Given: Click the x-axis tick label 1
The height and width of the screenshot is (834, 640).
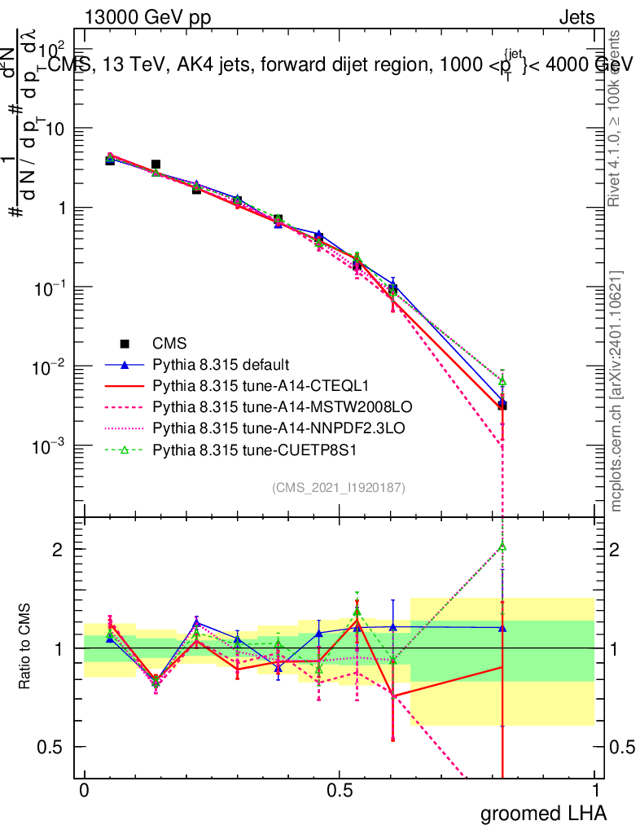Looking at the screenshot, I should click(x=595, y=791).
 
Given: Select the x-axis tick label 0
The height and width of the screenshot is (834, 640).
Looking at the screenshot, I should click(x=84, y=791).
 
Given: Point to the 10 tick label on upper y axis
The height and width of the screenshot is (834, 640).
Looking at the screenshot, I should click(x=55, y=129).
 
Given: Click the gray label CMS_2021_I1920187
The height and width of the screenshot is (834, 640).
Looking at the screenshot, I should click(x=339, y=488).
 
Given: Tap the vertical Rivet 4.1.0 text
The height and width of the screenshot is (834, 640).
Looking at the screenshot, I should click(x=616, y=118).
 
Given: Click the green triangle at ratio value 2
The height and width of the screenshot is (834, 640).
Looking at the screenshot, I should click(x=503, y=546).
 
